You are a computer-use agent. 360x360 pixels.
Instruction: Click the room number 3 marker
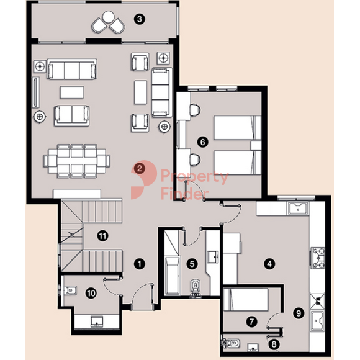(140, 19)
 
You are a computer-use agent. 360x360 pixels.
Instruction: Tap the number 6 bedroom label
(203, 142)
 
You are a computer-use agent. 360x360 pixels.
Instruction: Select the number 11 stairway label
(102, 236)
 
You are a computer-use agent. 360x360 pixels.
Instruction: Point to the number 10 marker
(91, 293)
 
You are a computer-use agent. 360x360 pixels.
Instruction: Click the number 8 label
(274, 344)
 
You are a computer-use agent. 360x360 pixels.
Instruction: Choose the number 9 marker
(299, 313)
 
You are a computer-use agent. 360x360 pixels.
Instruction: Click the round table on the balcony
(109, 17)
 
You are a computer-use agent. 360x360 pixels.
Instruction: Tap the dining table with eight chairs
(77, 161)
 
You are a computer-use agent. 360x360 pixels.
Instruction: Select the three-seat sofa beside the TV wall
(71, 69)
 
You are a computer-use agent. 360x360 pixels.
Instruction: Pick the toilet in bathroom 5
(195, 288)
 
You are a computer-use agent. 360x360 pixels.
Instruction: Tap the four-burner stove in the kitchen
(318, 258)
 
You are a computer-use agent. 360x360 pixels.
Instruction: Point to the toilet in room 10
(69, 290)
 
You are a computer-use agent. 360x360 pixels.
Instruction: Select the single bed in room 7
(246, 300)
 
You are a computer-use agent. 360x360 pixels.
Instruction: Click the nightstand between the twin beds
(256, 145)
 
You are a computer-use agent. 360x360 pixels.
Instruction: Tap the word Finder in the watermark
(185, 193)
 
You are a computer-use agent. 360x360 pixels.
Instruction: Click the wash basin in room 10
(97, 322)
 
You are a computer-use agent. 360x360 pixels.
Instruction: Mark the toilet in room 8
(231, 343)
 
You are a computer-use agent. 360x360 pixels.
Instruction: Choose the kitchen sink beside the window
(298, 209)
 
